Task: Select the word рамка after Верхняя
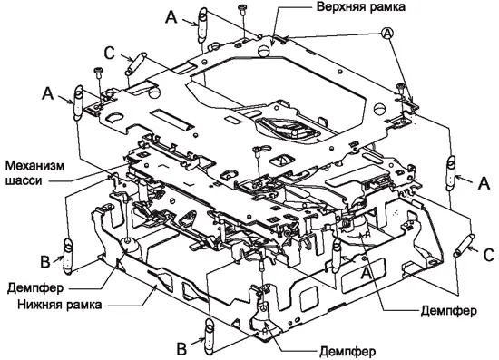(x=387, y=7)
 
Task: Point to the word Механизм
(x=34, y=166)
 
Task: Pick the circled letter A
(x=387, y=33)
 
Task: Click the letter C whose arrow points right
(x=109, y=54)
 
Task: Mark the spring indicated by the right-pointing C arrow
(x=135, y=63)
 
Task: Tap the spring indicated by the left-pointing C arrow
(x=464, y=244)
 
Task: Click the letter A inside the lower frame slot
(x=366, y=273)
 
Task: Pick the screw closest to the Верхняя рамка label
(x=242, y=10)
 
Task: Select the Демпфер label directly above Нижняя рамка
(x=35, y=288)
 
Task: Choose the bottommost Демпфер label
(x=347, y=352)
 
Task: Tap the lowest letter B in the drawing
(x=181, y=349)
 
